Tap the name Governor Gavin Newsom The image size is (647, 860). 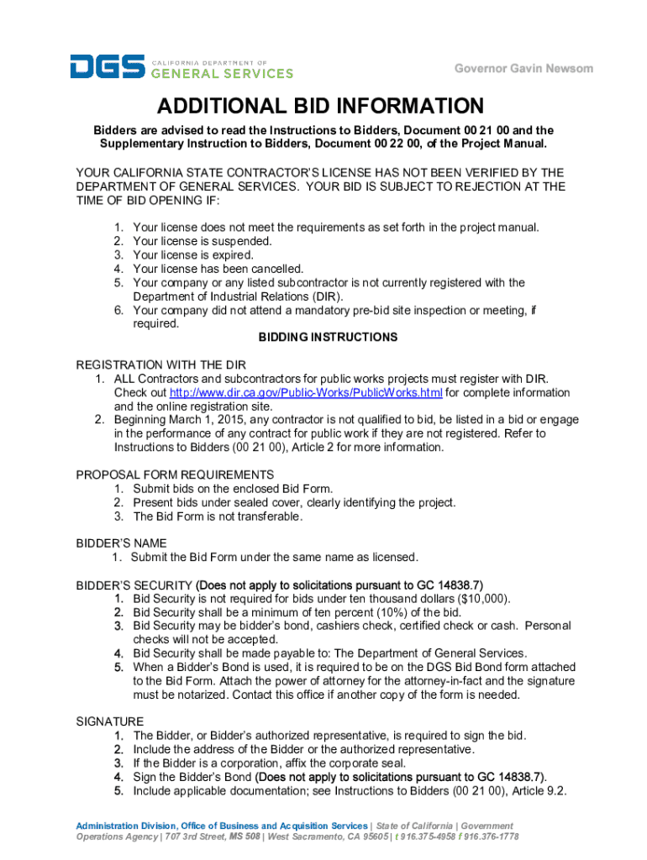[x=523, y=68]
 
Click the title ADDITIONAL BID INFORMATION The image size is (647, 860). [x=323, y=107]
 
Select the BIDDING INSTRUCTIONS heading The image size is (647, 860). [x=328, y=337]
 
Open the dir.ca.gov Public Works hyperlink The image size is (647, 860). [x=306, y=392]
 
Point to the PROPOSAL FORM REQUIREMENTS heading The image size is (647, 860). [x=175, y=475]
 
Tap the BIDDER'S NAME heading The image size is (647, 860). [x=122, y=543]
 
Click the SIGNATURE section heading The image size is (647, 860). [x=110, y=721]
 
